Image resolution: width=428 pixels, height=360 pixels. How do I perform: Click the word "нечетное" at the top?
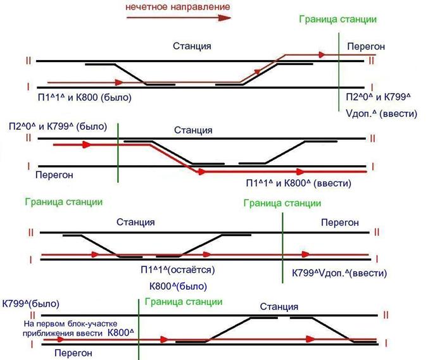(145, 6)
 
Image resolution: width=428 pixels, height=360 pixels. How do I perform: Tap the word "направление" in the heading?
(198, 6)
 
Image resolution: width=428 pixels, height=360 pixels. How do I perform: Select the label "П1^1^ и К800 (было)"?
(85, 97)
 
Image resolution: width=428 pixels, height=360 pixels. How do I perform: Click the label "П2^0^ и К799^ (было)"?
(58, 127)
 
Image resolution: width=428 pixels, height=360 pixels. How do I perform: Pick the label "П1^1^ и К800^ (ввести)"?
(299, 183)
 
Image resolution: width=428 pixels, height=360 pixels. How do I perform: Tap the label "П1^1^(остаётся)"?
(178, 270)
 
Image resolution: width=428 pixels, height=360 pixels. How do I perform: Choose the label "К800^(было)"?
(178, 287)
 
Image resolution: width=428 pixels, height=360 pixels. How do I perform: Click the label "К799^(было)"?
(30, 304)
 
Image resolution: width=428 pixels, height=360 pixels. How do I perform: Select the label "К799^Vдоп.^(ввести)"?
(339, 273)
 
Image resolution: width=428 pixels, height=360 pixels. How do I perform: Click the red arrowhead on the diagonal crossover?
(258, 71)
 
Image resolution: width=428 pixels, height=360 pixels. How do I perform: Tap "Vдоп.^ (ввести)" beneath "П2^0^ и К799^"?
(381, 113)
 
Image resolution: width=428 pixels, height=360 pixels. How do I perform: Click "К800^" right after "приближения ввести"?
(121, 333)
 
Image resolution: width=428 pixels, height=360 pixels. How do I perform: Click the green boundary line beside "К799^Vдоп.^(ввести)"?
(282, 248)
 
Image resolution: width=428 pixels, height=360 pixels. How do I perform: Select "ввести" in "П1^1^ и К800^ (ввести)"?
(333, 183)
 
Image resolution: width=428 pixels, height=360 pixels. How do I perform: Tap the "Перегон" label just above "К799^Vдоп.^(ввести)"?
(340, 223)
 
